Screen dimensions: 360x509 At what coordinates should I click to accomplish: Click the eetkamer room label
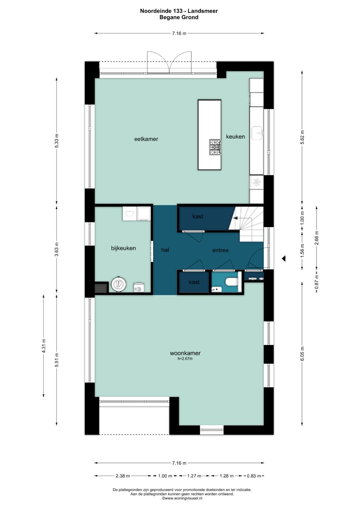146,139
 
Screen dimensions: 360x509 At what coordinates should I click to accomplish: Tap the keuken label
235,137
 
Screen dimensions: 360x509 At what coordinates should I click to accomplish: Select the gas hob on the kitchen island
215,147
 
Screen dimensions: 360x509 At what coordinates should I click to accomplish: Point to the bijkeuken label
123,248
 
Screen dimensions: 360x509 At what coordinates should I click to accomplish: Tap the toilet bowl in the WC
231,282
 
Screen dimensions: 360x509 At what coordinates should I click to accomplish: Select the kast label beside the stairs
198,216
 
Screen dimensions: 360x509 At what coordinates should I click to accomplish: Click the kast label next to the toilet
194,282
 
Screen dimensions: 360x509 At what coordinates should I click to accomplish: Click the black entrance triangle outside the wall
284,258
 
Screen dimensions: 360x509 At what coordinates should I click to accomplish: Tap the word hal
165,250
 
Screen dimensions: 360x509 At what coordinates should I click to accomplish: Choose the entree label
220,250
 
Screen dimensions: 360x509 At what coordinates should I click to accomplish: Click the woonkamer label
185,353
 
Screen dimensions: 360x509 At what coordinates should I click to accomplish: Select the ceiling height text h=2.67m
185,359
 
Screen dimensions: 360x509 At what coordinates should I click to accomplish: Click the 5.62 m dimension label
302,137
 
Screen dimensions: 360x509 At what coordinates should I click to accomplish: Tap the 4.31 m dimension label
44,346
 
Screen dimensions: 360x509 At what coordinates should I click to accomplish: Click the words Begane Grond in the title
179,17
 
